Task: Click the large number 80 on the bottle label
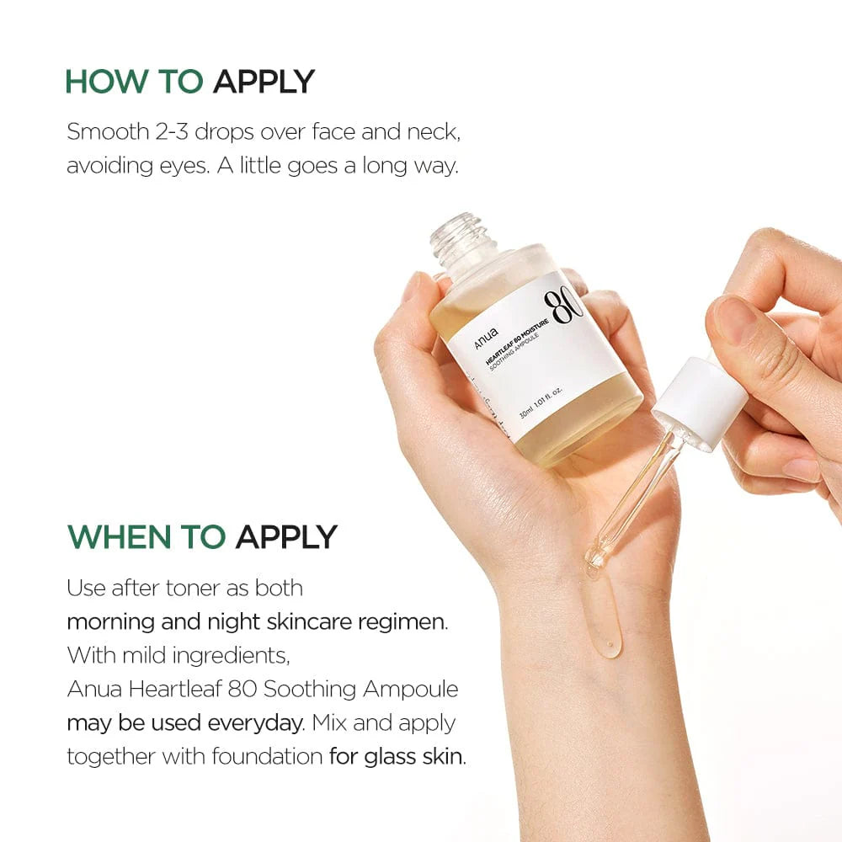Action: click(563, 314)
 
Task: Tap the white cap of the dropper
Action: click(699, 402)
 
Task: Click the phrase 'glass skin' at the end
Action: click(413, 756)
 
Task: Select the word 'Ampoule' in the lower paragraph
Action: click(410, 690)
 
